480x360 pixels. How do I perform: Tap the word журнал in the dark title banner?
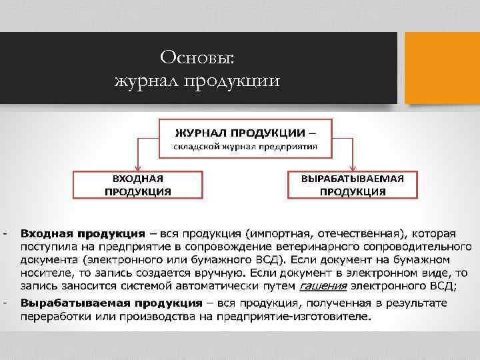click(x=144, y=82)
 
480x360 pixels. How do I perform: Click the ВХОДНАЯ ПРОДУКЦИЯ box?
click(x=137, y=185)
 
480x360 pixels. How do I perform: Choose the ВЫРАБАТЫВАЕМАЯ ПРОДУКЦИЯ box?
click(x=352, y=185)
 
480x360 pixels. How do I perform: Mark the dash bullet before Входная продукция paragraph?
click(x=5, y=234)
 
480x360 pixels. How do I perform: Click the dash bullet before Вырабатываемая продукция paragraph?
click(x=5, y=303)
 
